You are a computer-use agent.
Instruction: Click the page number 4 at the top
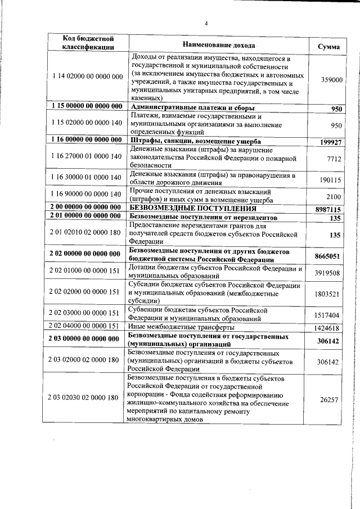point(206,23)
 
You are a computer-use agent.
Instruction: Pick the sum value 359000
point(331,80)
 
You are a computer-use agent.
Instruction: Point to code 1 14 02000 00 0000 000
point(87,76)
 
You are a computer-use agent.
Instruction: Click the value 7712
point(334,160)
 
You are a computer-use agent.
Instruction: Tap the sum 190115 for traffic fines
point(331,180)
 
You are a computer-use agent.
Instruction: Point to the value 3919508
point(327,273)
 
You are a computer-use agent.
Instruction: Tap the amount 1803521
point(327,294)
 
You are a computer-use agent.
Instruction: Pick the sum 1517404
point(327,315)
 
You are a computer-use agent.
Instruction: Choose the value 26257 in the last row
point(330,399)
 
